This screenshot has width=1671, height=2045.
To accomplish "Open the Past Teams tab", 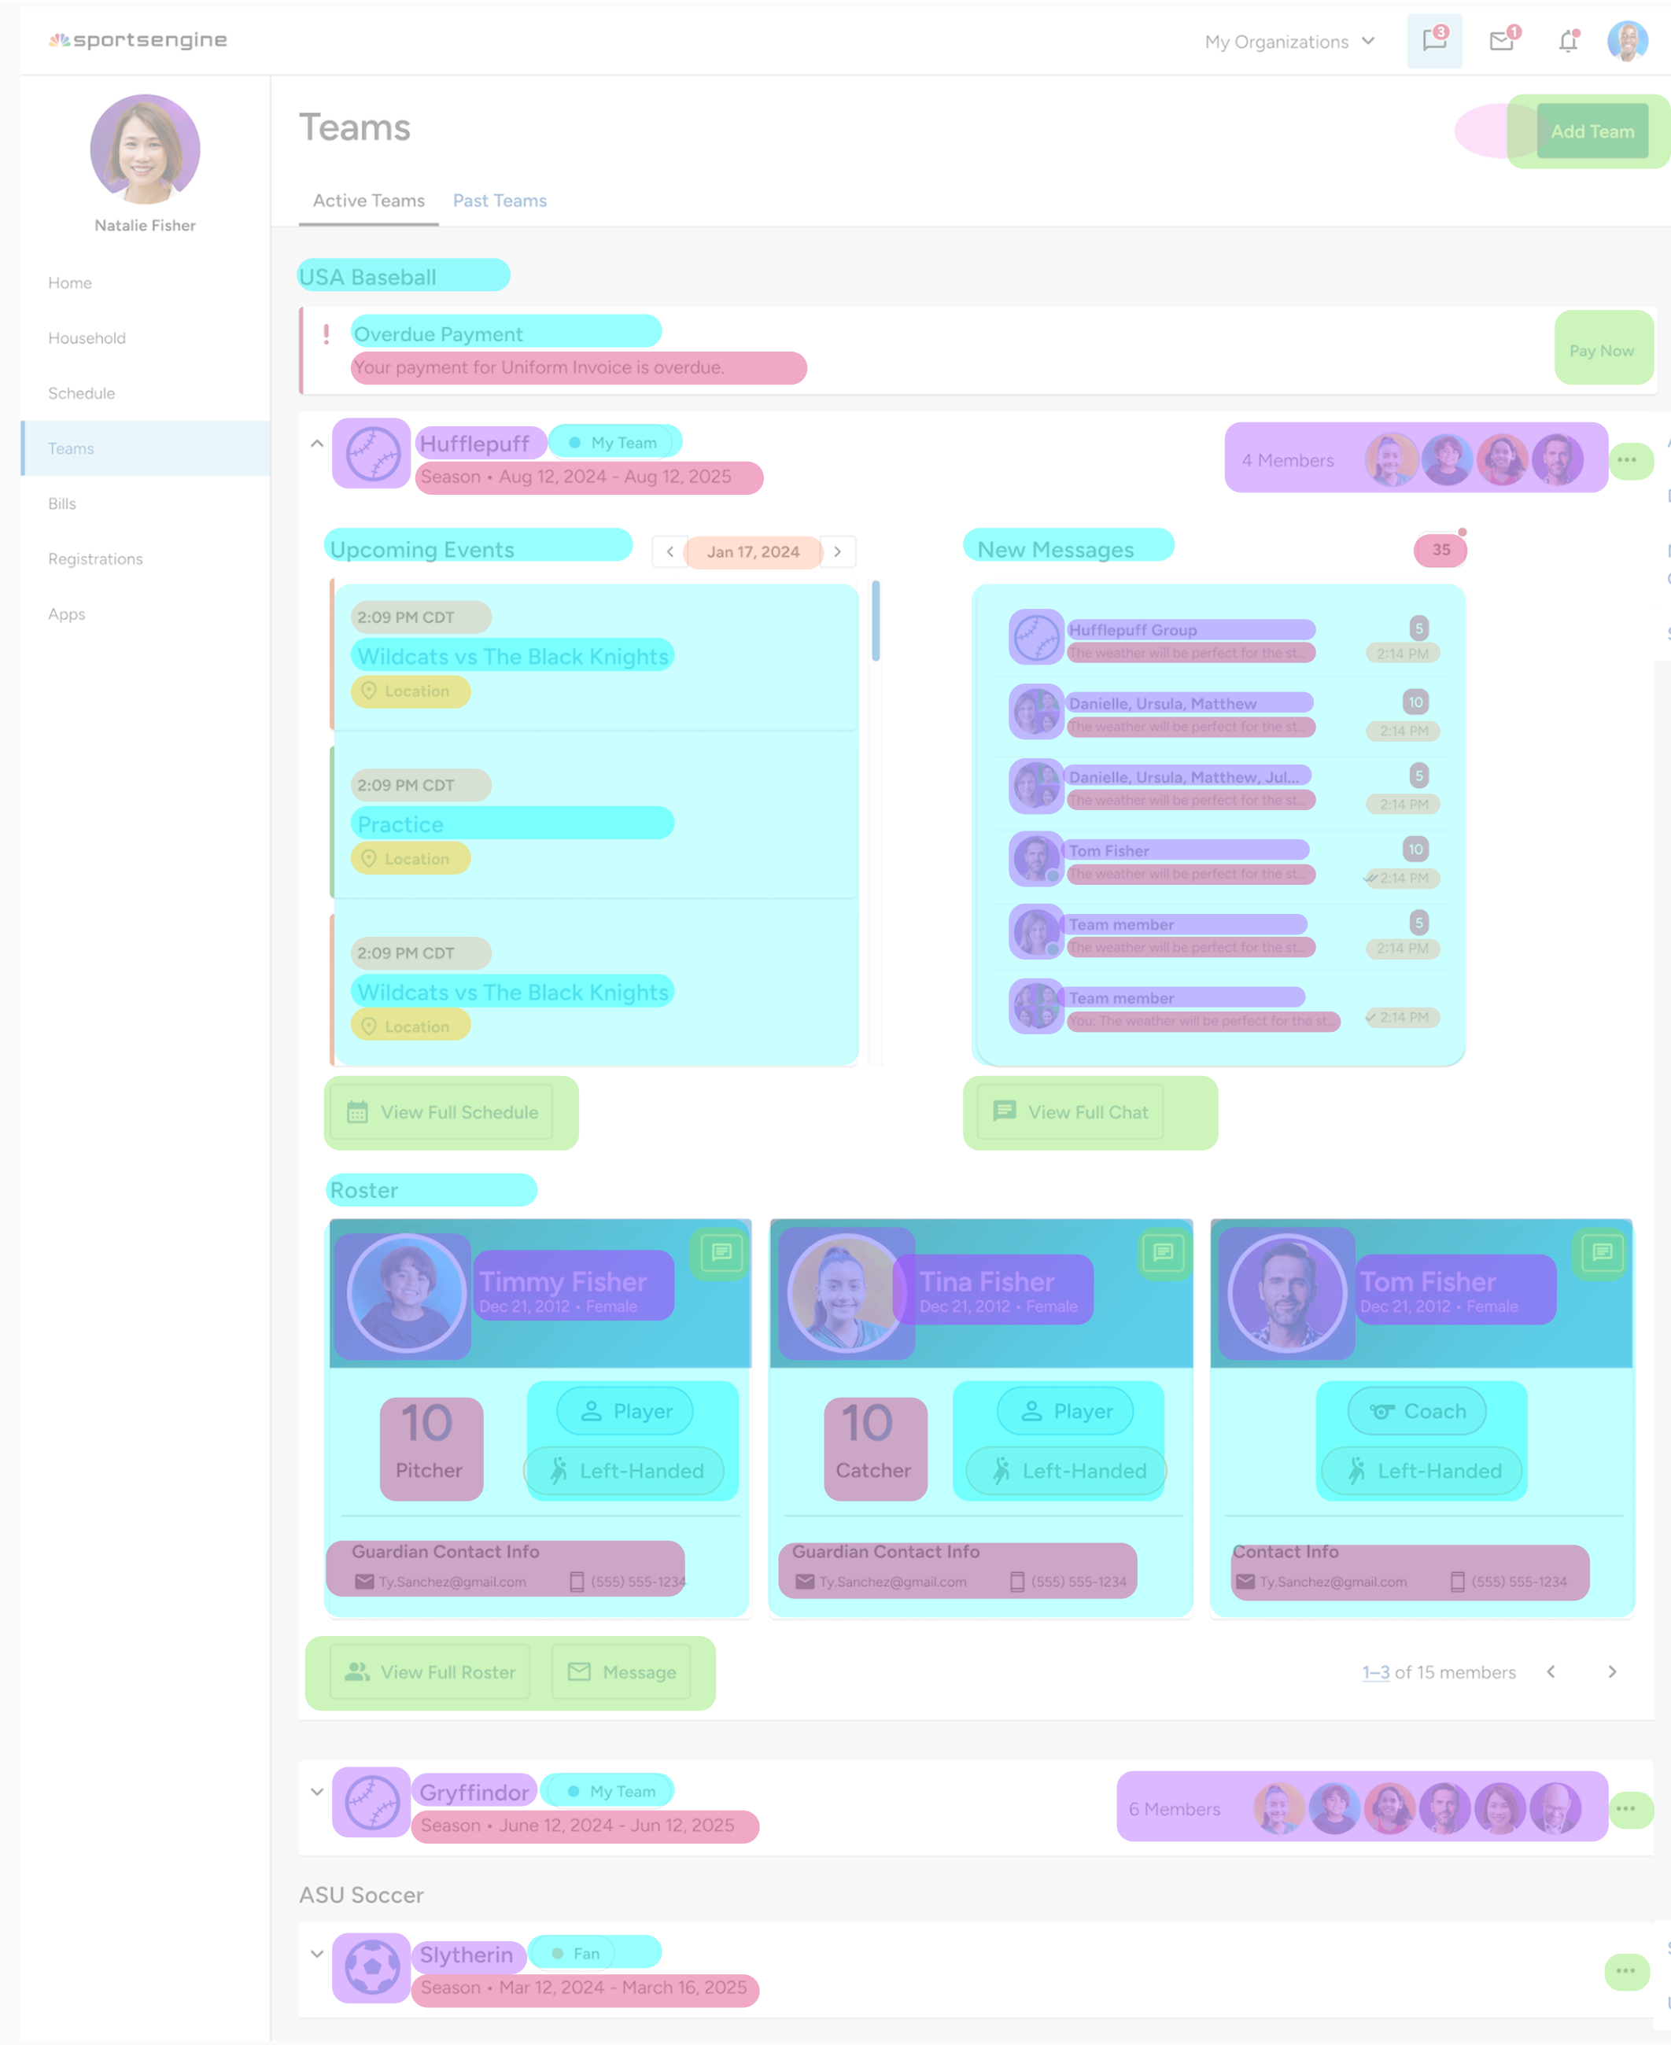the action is point(500,200).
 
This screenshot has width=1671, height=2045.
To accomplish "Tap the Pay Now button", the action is point(1601,350).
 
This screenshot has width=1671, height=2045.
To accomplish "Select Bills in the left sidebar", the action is point(63,503).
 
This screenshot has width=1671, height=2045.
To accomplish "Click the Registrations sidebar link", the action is point(95,558).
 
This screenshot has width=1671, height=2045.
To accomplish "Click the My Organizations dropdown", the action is point(1289,42).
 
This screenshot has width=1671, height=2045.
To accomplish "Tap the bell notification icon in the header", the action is point(1567,42).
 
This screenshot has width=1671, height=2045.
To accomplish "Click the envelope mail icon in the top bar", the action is point(1500,42).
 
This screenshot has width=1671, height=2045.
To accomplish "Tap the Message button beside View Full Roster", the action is point(622,1671).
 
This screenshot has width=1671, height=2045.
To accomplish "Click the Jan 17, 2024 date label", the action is point(753,551).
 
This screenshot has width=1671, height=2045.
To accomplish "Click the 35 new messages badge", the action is point(1440,550).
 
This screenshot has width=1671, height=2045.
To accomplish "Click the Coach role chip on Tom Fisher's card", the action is point(1417,1411).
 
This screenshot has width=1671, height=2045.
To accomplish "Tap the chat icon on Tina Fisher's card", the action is point(1163,1252).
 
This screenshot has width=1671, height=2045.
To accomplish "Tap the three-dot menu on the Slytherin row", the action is point(1625,1970).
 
